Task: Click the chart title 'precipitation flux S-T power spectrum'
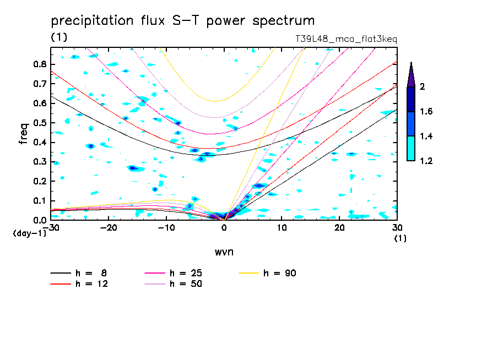tap(182, 21)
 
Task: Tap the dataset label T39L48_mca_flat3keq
tap(347, 39)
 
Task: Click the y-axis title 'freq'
tap(23, 134)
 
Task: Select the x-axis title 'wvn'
tap(224, 251)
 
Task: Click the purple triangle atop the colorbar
tap(411, 74)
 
